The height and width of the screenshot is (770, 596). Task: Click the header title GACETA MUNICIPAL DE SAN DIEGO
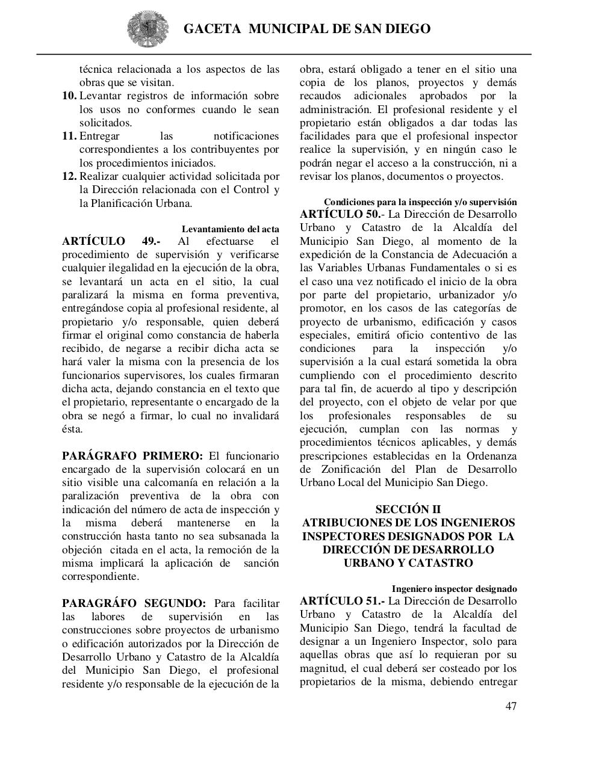tap(306, 29)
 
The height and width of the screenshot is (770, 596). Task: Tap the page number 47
tap(511, 706)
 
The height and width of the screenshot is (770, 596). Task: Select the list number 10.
tap(69, 96)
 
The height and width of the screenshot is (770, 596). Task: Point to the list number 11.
tap(69, 137)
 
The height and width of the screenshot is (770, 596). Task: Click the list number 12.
tap(69, 177)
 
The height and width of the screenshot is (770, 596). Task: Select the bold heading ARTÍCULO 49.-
tap(111, 242)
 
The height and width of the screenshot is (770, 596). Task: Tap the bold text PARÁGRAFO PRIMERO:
tap(132, 456)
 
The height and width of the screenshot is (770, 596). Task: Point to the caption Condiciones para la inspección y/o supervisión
tap(420, 202)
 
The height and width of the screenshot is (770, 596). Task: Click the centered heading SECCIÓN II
tap(408, 510)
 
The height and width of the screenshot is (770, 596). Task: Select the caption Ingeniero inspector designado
tap(454, 589)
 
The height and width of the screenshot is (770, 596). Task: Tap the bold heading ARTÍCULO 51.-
tap(342, 602)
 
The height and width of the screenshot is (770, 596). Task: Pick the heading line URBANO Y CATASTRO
tap(408, 564)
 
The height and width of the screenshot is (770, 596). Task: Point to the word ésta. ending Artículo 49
tap(72, 430)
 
